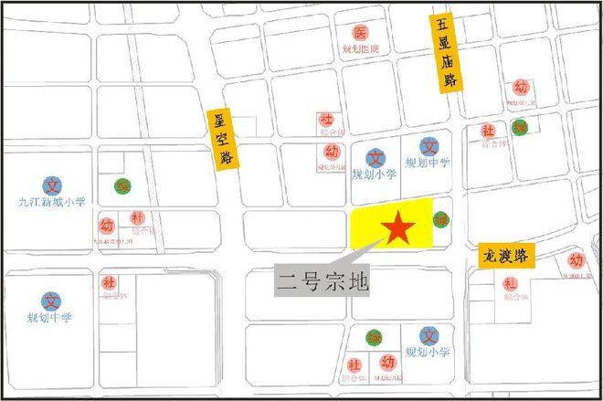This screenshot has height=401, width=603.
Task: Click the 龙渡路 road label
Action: (x=504, y=253)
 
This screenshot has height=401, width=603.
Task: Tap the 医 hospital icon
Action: (x=360, y=33)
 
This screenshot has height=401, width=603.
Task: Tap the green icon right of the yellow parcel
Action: (x=441, y=219)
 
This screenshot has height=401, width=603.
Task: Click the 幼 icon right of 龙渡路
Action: (x=576, y=261)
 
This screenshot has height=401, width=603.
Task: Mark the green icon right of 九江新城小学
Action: (x=121, y=186)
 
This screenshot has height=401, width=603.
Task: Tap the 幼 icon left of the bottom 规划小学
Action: (x=386, y=362)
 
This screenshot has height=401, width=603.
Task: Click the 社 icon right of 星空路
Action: (x=326, y=120)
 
